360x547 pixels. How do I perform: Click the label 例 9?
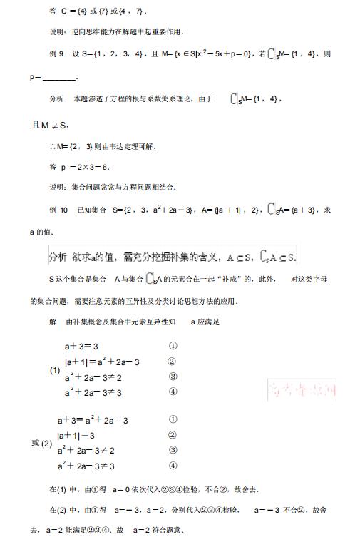pyautogui.click(x=56, y=54)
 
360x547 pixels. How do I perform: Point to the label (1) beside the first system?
pyautogui.click(x=55, y=371)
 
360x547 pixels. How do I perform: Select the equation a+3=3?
pyautogui.click(x=85, y=346)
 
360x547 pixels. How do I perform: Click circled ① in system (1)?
pyautogui.click(x=173, y=346)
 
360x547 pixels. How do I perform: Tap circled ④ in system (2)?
pyautogui.click(x=173, y=466)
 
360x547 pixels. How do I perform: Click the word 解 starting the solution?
pyautogui.click(x=53, y=322)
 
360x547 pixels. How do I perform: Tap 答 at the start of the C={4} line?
pyautogui.click(x=53, y=11)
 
